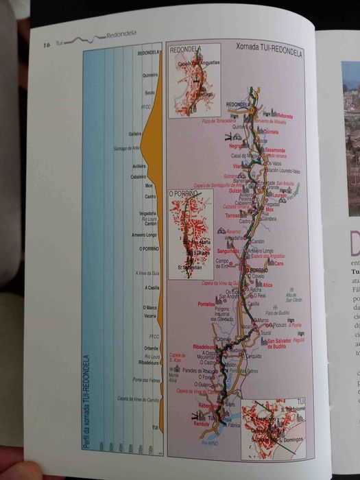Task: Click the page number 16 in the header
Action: [x=47, y=44]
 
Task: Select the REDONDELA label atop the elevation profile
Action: [x=148, y=53]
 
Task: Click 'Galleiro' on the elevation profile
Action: [x=135, y=134]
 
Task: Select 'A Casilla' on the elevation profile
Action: [x=152, y=287]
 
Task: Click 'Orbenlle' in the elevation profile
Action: [x=151, y=348]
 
